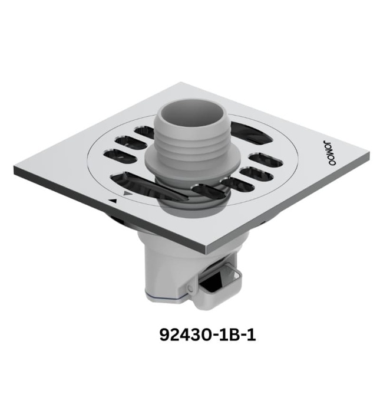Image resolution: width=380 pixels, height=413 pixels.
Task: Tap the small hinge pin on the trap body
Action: pos(190,287)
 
